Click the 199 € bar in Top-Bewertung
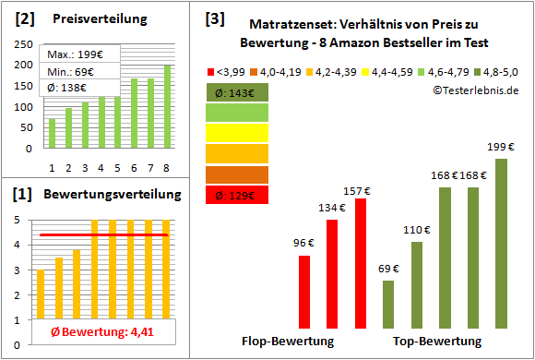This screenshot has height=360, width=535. point(501,243)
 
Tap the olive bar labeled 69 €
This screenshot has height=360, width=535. point(387,303)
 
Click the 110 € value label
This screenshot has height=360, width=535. point(418,230)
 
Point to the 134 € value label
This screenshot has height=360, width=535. point(330,208)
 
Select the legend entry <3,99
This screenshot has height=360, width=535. point(229,70)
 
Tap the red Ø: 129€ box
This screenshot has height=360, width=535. point(238,195)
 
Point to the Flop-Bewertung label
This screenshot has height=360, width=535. point(287,341)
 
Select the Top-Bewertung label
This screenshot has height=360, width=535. point(437,341)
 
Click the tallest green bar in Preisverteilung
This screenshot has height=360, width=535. point(167,106)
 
